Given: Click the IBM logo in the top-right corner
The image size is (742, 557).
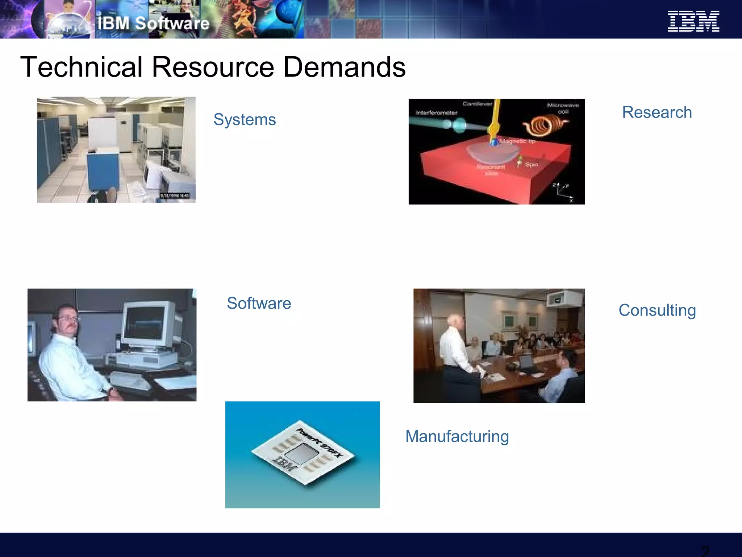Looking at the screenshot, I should click(x=693, y=21).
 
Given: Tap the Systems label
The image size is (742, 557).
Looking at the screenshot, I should click(x=245, y=119).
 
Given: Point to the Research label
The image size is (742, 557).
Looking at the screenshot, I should click(x=657, y=112).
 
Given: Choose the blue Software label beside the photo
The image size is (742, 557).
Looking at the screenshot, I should click(x=259, y=303).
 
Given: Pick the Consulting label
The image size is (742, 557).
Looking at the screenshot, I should click(x=657, y=310).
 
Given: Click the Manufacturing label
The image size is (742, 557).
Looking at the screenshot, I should click(x=457, y=436).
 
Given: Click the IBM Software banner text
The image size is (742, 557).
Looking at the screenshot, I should click(x=153, y=24).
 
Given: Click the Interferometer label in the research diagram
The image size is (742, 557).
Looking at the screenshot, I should click(x=436, y=113).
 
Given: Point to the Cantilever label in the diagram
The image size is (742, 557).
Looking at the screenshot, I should click(x=477, y=104).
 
